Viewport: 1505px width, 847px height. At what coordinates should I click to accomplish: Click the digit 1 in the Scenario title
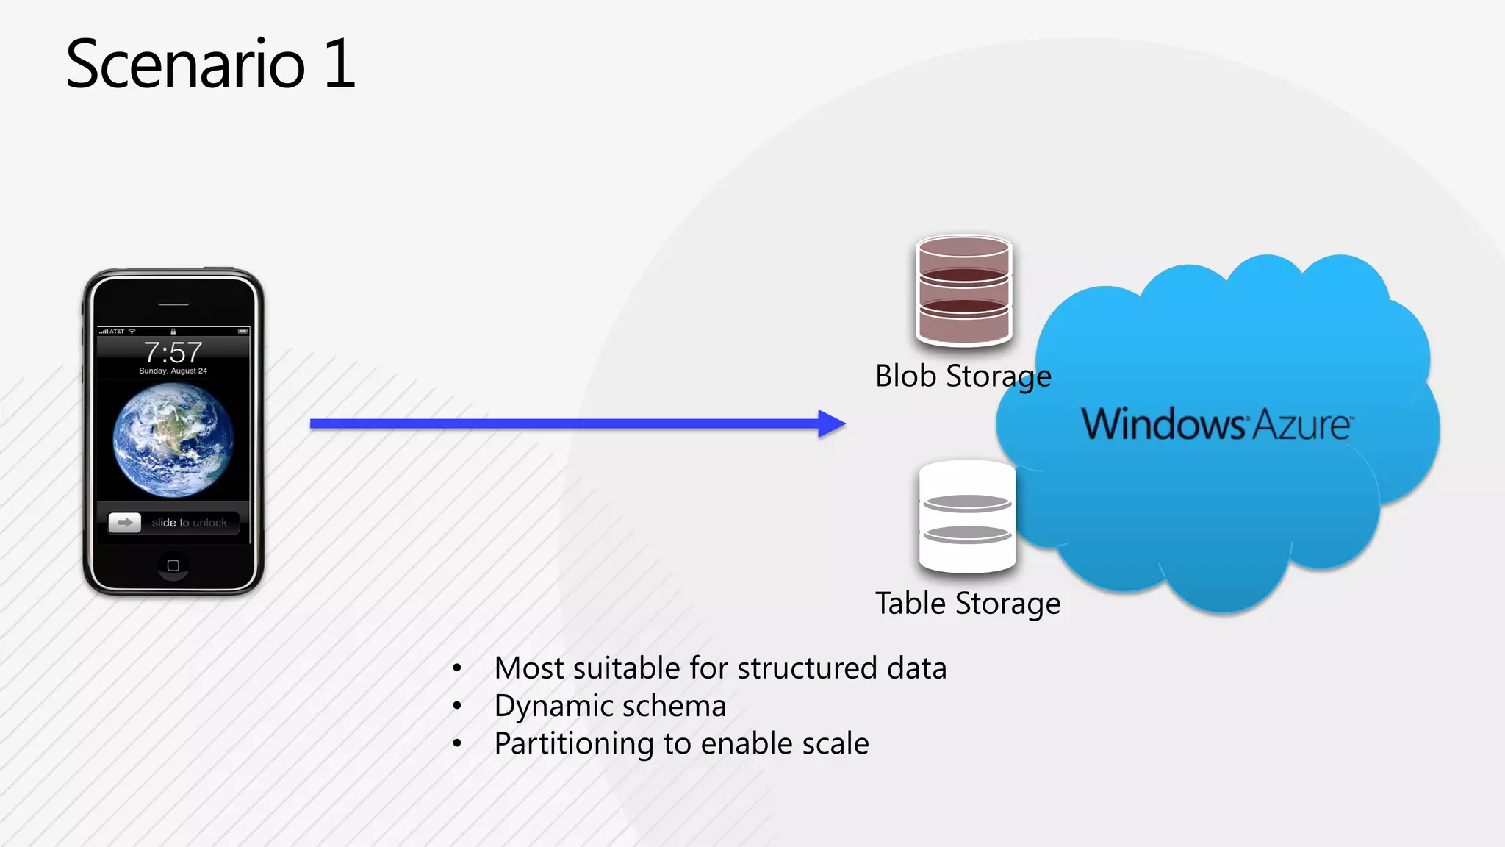point(340,65)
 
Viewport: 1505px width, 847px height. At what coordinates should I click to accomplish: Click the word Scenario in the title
point(185,65)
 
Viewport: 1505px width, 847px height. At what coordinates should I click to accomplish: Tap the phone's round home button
point(173,565)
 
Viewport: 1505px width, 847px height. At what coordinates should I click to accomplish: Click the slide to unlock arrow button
point(125,523)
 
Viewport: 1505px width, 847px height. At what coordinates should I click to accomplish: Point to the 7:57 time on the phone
point(173,352)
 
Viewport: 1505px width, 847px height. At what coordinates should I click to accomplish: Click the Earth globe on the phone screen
point(173,440)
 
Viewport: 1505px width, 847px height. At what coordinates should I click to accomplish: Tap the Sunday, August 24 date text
point(173,371)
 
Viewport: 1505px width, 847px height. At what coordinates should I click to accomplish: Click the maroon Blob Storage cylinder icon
point(964,290)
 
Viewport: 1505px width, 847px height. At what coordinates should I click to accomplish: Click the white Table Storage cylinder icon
point(967,517)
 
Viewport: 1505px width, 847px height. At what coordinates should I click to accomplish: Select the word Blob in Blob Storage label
point(905,376)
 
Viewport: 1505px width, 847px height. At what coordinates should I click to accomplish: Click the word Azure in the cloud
point(1301,425)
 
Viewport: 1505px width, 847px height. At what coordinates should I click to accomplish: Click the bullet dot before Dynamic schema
point(457,706)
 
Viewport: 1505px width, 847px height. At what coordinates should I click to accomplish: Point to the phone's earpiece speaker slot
point(173,304)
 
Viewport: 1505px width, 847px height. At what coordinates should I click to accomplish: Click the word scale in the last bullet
point(835,744)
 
